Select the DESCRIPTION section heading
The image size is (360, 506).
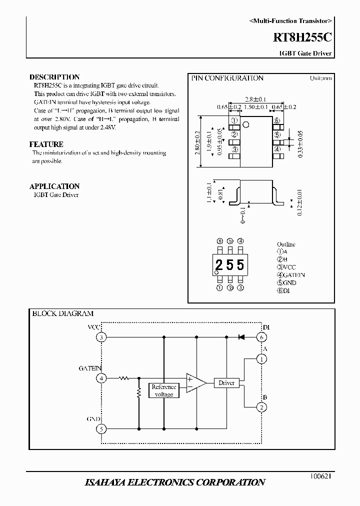[54, 77]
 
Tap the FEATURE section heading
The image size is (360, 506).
[46, 144]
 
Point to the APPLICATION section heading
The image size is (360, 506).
[54, 186]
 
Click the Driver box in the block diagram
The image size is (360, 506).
[226, 383]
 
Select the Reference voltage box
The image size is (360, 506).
[163, 390]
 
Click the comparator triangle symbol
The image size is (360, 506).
[195, 383]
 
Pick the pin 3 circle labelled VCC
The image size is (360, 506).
[101, 337]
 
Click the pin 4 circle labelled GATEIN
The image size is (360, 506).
[101, 378]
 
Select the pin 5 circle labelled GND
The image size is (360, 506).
[101, 429]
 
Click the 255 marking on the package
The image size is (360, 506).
[230, 264]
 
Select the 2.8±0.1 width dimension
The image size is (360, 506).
[255, 99]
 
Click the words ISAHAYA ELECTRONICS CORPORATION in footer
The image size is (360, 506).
[175, 482]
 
